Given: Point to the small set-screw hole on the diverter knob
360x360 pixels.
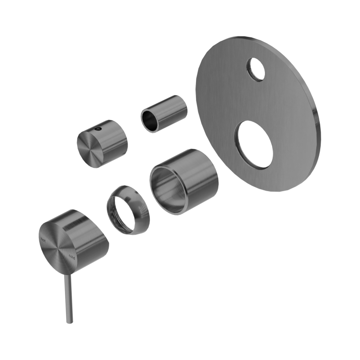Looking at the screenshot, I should (98, 130).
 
